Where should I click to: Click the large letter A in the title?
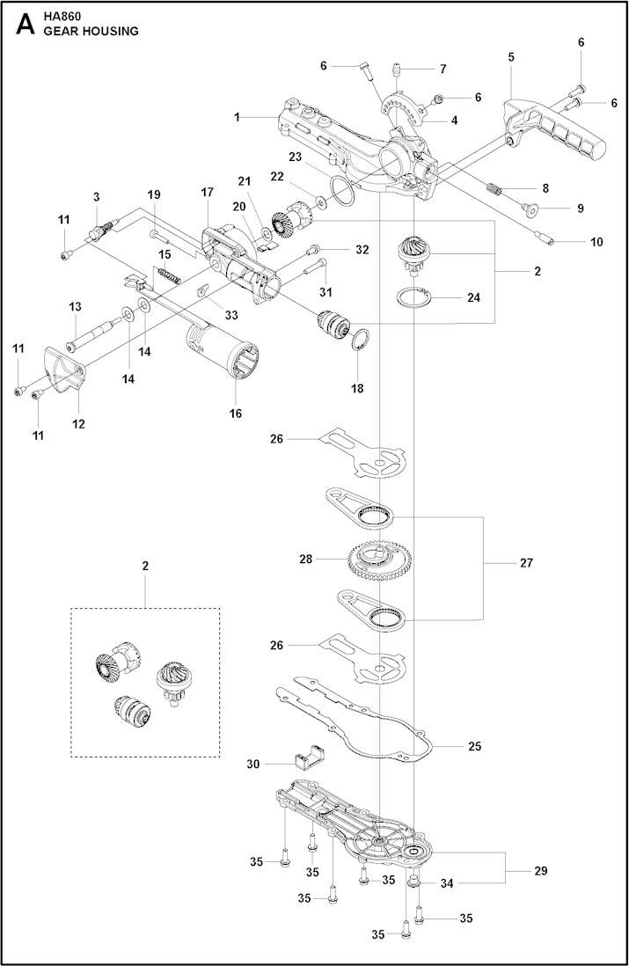coord(25,24)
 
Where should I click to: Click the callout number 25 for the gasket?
coord(475,746)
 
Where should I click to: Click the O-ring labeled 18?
coord(362,340)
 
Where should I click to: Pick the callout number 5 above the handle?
coord(511,56)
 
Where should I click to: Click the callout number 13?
coord(76,306)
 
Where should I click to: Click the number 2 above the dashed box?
coord(146,566)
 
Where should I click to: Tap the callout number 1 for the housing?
coord(237,116)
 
